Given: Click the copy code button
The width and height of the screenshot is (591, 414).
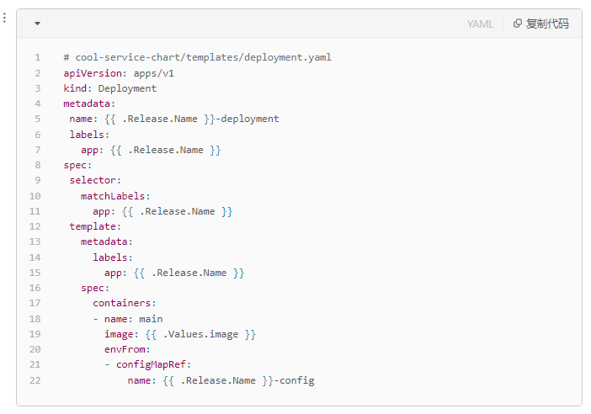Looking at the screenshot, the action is tap(540, 24).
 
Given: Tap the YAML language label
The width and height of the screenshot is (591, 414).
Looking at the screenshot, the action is tap(480, 24).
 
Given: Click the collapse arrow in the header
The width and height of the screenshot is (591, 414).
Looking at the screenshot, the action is tap(37, 24).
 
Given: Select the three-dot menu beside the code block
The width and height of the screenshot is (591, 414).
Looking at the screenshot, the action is tap(4, 18).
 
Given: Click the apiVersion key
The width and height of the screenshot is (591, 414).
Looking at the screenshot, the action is tap(93, 73).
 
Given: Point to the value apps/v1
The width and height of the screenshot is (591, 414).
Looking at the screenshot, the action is tap(154, 73).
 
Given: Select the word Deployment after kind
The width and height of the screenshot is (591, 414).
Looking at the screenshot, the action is tap(127, 88).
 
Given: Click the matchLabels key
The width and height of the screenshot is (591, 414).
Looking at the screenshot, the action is tap(113, 196).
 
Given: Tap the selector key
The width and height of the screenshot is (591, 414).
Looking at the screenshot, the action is tap(93, 180).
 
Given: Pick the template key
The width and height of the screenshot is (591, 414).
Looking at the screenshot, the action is tap(93, 226).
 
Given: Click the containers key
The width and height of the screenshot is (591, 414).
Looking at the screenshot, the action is tap(122, 303).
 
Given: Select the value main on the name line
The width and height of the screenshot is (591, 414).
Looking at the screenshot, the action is tap(151, 319).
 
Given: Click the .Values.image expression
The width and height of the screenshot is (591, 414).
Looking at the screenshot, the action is tap(200, 335).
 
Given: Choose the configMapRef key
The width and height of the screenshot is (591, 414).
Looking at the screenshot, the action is tap(151, 364).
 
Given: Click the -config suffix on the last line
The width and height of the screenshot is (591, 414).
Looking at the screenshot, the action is tap(294, 380).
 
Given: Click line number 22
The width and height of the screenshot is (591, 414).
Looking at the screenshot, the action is tap(35, 380).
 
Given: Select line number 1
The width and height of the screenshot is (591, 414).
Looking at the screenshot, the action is tap(38, 57).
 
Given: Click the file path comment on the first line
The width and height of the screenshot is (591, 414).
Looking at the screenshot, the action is tap(198, 57).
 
